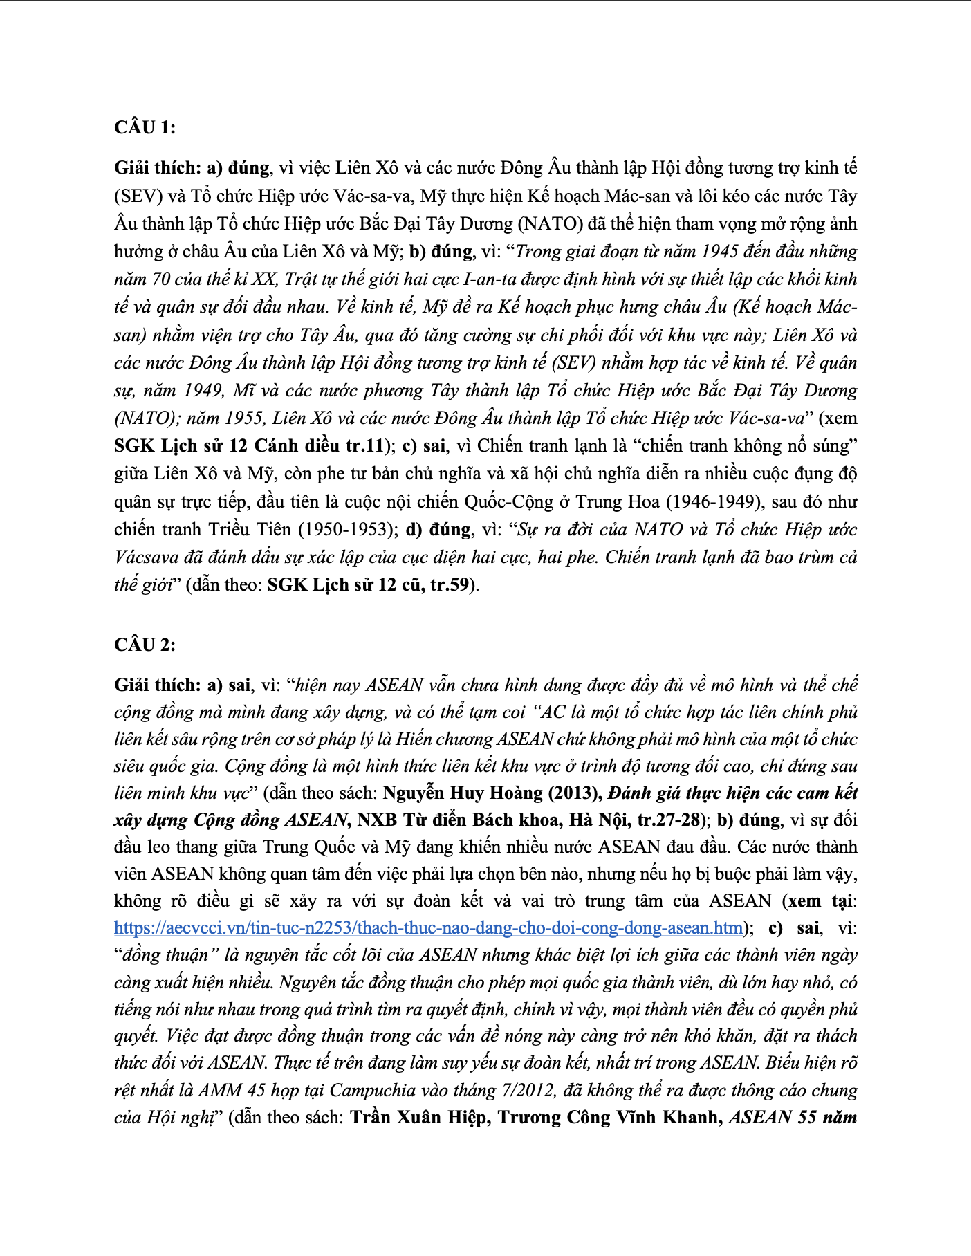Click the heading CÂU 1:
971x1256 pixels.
coord(145,127)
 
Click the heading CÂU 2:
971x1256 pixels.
coord(145,645)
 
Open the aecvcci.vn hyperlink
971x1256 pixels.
coord(429,927)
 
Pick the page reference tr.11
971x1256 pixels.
coord(364,445)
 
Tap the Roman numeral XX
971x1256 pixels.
coord(265,279)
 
